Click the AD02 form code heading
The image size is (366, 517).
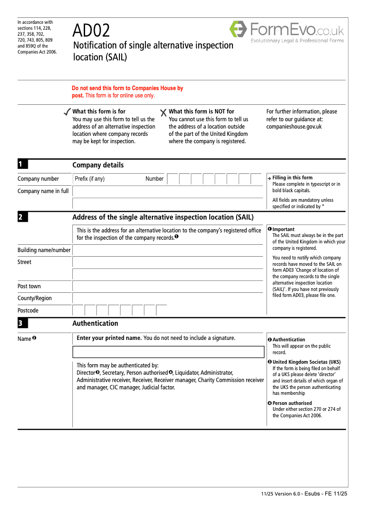[91, 31]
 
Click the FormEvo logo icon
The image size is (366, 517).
[238, 29]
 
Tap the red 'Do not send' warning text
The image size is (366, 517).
[127, 92]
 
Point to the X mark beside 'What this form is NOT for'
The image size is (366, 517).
[163, 113]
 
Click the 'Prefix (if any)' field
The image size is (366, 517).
[108, 179]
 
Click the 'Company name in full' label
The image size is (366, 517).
[43, 191]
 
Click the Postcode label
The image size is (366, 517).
[28, 311]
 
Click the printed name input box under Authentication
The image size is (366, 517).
[168, 352]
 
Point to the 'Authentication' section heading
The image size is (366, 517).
[95, 323]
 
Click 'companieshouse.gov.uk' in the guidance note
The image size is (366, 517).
[294, 127]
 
